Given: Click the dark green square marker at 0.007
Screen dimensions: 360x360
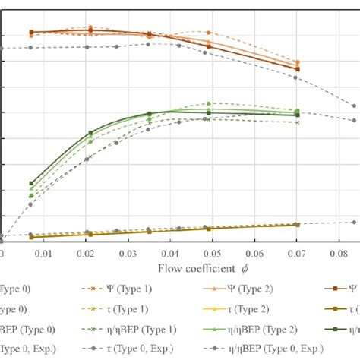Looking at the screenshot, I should point(31,184).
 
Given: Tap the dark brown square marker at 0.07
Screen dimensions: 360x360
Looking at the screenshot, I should point(297,69).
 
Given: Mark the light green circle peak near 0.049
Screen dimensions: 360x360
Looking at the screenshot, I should point(209,103).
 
